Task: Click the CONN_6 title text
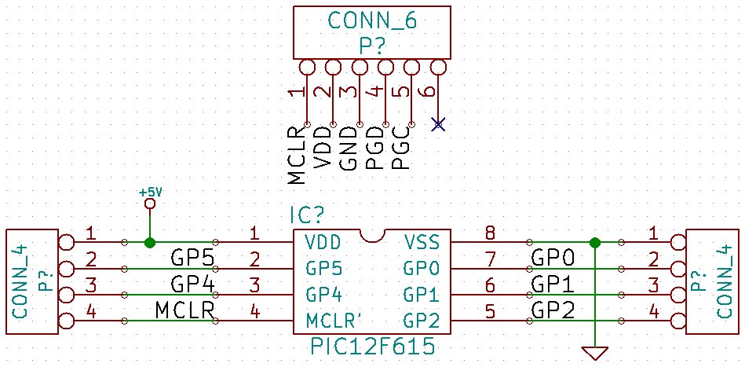372,21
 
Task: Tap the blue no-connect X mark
438,124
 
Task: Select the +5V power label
151,193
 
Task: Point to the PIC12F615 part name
372,347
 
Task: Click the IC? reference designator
307,216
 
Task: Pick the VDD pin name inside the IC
323,243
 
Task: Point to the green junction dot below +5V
150,243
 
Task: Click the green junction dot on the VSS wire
594,243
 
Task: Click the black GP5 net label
191,259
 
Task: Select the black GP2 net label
553,311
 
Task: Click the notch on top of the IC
372,236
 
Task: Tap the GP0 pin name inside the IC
420,269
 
